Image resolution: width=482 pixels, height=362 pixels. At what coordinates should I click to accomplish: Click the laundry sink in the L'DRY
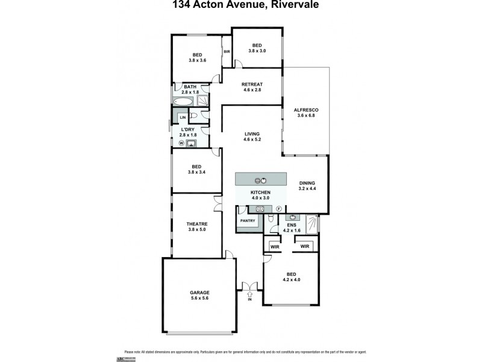tap(192, 144)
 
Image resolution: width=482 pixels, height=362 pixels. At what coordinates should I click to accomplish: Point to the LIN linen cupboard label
tap(182, 117)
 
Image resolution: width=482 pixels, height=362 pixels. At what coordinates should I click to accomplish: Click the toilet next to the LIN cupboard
tap(193, 115)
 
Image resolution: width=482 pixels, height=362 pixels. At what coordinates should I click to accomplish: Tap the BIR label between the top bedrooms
tap(227, 52)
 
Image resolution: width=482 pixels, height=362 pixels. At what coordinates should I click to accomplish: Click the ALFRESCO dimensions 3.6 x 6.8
tap(305, 116)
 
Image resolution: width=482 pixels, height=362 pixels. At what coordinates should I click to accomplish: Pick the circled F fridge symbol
tap(279, 209)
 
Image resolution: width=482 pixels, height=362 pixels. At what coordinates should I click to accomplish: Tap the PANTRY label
tap(248, 221)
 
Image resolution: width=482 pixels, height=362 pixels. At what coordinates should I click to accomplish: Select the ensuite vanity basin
tap(293, 217)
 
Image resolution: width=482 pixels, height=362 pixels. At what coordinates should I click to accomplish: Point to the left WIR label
tap(275, 246)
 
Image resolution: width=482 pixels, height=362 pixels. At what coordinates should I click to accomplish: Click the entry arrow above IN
tap(249, 293)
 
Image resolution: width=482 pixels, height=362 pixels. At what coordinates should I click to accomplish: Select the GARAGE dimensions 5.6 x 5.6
tap(199, 298)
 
